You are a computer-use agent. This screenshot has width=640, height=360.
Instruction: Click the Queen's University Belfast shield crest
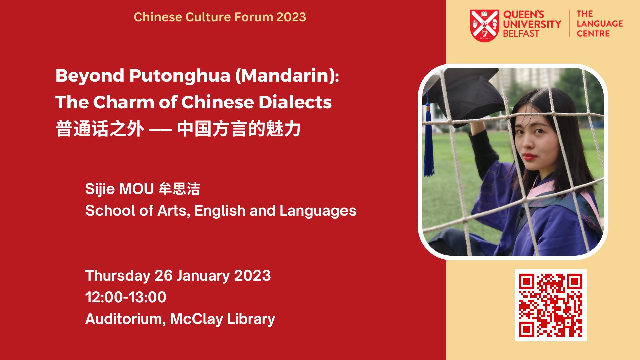(484, 25)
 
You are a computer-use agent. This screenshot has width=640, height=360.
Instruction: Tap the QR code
(550, 305)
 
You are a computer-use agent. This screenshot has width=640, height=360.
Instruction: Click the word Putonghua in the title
(180, 76)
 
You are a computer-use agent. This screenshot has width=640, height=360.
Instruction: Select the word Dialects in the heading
(295, 102)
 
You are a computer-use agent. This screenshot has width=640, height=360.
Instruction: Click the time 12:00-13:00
(126, 297)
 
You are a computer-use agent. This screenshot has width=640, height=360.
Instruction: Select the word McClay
(196, 319)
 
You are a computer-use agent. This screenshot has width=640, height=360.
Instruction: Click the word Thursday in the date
(118, 276)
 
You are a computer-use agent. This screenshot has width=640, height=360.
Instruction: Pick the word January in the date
(203, 276)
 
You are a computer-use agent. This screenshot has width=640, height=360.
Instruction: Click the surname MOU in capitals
(136, 189)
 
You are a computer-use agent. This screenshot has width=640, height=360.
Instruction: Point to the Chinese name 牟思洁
(179, 189)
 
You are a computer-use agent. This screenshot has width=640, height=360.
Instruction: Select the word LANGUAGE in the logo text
(600, 24)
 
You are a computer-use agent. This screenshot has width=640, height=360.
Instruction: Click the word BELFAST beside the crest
(521, 34)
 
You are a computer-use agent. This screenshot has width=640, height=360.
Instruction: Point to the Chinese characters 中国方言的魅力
(239, 129)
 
